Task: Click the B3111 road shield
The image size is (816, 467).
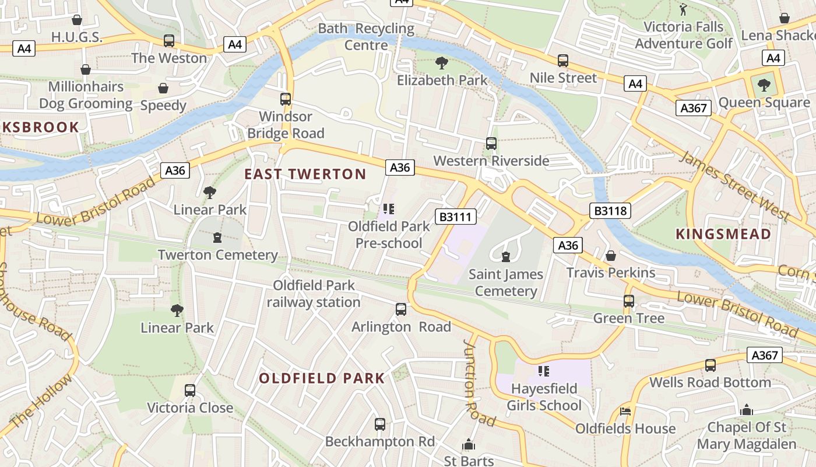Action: point(456,217)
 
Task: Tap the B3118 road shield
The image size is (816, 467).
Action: point(610,211)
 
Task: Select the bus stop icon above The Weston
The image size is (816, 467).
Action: point(169,41)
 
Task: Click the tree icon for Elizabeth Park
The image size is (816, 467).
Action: point(442,62)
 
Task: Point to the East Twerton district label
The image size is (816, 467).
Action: point(305,174)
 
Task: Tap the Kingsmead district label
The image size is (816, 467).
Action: point(723,234)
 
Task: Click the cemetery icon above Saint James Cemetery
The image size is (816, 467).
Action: point(506,256)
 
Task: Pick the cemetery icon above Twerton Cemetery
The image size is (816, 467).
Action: point(217,237)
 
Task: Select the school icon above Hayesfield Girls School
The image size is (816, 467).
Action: point(544,371)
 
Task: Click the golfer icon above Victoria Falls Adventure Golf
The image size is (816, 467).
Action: point(683,9)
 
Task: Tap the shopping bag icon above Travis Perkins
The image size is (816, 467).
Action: point(611,256)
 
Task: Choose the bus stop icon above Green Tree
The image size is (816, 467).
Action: point(628,301)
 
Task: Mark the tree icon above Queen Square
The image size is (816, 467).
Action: point(764,85)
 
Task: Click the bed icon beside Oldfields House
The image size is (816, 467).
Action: point(625,411)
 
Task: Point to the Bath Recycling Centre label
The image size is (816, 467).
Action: point(366,36)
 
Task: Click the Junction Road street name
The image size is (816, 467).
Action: point(479,383)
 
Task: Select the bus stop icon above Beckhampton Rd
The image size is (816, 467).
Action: point(380,424)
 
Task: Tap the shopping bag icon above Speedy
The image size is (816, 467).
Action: point(163,88)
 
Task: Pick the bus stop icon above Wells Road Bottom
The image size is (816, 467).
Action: point(710,365)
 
